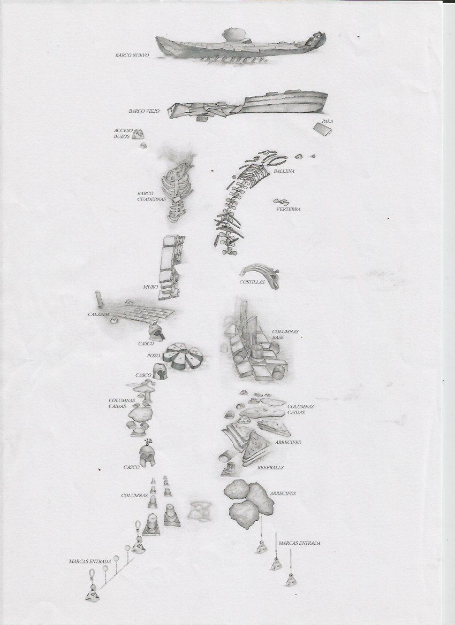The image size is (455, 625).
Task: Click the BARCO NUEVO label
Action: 132,56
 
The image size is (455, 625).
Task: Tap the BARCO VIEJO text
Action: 144,111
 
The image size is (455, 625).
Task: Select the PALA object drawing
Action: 323,129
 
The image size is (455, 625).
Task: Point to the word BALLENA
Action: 284,171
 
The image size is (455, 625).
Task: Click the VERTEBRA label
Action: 289,209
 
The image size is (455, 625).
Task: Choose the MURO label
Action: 151,287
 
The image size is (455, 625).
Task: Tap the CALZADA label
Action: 98,314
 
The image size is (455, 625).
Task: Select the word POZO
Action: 154,356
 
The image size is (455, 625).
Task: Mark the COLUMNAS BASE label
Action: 285,335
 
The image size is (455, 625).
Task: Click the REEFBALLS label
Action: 270,468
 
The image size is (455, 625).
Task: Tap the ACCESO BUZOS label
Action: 122,134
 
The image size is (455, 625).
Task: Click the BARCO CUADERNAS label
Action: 151,196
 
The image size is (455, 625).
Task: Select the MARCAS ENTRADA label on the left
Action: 90,561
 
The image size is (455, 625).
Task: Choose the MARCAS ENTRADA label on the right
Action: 299,543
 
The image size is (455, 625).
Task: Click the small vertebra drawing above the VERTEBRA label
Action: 282,202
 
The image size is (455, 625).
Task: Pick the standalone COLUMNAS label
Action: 134,496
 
